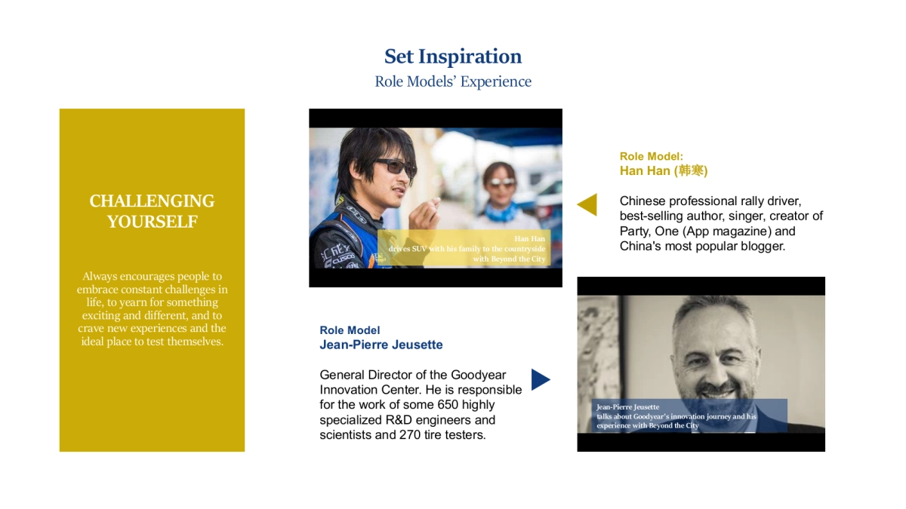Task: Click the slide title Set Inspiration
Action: click(x=453, y=57)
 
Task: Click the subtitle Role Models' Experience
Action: click(x=453, y=81)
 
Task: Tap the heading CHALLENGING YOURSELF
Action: click(x=152, y=211)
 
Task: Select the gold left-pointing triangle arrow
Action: click(x=587, y=204)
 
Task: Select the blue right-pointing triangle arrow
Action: click(x=540, y=379)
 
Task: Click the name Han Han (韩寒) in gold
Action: click(x=663, y=171)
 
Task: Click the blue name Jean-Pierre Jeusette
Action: click(x=381, y=345)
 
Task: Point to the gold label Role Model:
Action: click(x=651, y=157)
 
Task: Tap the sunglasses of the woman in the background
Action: click(x=500, y=182)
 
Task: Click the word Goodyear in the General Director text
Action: click(x=479, y=375)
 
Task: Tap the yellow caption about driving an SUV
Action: click(x=462, y=249)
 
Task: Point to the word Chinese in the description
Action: click(x=642, y=201)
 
